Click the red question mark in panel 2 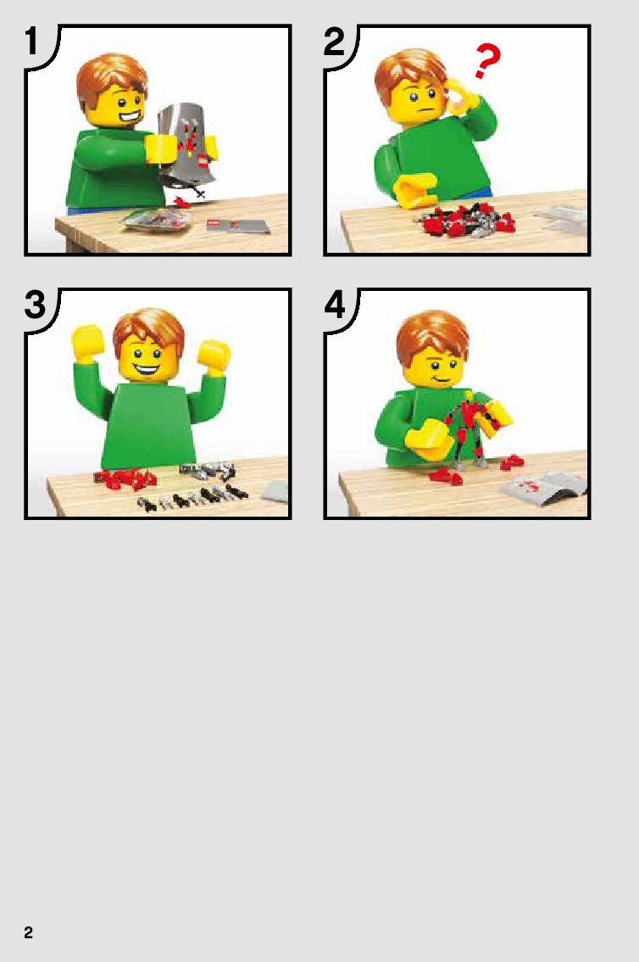tap(487, 61)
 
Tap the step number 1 tap(32, 41)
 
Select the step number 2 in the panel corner tap(335, 42)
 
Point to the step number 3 tap(35, 305)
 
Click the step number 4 tap(335, 305)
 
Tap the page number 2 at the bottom tap(28, 932)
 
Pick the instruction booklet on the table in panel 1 tap(237, 226)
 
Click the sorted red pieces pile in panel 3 tap(125, 478)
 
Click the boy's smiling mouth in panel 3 tap(147, 370)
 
